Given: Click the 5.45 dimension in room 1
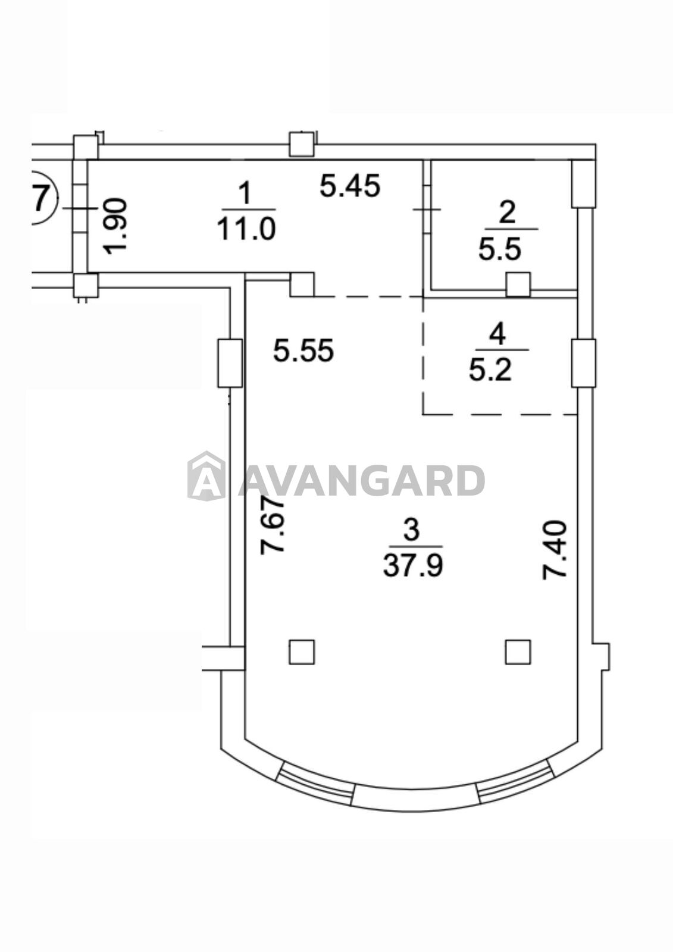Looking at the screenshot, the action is pyautogui.click(x=350, y=187).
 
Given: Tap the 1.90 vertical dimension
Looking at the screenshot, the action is pyautogui.click(x=115, y=226).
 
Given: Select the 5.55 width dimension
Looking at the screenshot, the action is pyautogui.click(x=303, y=351).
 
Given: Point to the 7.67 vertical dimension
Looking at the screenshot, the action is pyautogui.click(x=272, y=525).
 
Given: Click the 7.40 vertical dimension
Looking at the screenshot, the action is pyautogui.click(x=555, y=550).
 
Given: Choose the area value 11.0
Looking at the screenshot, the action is pyautogui.click(x=246, y=228).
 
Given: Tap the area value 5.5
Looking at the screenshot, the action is pyautogui.click(x=499, y=249).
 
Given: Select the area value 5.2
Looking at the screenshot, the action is pyautogui.click(x=490, y=369).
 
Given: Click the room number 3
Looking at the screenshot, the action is pyautogui.click(x=412, y=530).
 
